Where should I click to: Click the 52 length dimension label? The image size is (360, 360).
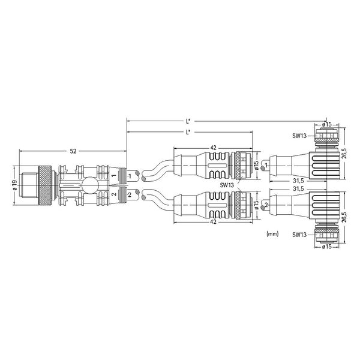coord(73,151)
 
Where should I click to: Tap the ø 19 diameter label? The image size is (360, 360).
coord(15,185)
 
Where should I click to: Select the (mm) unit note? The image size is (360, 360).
coord(272,234)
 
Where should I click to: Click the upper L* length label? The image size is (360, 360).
coord(188,121)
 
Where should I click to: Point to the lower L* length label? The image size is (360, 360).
coord(188,132)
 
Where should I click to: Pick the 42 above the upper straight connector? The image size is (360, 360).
coord(213,148)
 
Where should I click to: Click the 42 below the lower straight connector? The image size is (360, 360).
coord(213,222)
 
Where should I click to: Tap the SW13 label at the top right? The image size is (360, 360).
coord(299,136)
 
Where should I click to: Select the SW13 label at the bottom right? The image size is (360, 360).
coord(299,235)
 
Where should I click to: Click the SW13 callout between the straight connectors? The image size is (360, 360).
coord(227,185)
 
